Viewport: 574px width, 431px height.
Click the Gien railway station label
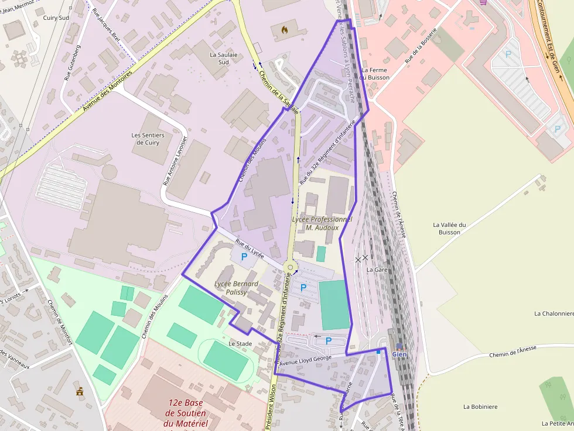[x=399, y=354]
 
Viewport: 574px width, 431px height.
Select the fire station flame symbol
[x=285, y=29]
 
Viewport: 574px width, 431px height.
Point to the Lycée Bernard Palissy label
[x=237, y=288]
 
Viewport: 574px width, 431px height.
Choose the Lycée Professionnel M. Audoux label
[x=322, y=223]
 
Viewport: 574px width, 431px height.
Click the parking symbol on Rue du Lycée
[x=244, y=256]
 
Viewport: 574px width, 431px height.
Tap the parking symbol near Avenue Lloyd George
[x=328, y=340]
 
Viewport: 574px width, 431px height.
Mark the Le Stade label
[x=240, y=343]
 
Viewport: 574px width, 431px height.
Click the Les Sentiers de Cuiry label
[x=148, y=139]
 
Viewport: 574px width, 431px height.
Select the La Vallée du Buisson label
[x=449, y=228]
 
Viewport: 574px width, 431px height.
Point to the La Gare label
[x=377, y=270]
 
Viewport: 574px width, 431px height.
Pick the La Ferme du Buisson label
[x=375, y=73]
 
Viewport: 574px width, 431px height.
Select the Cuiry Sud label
[x=56, y=18]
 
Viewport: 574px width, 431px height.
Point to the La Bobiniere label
[x=480, y=406]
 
